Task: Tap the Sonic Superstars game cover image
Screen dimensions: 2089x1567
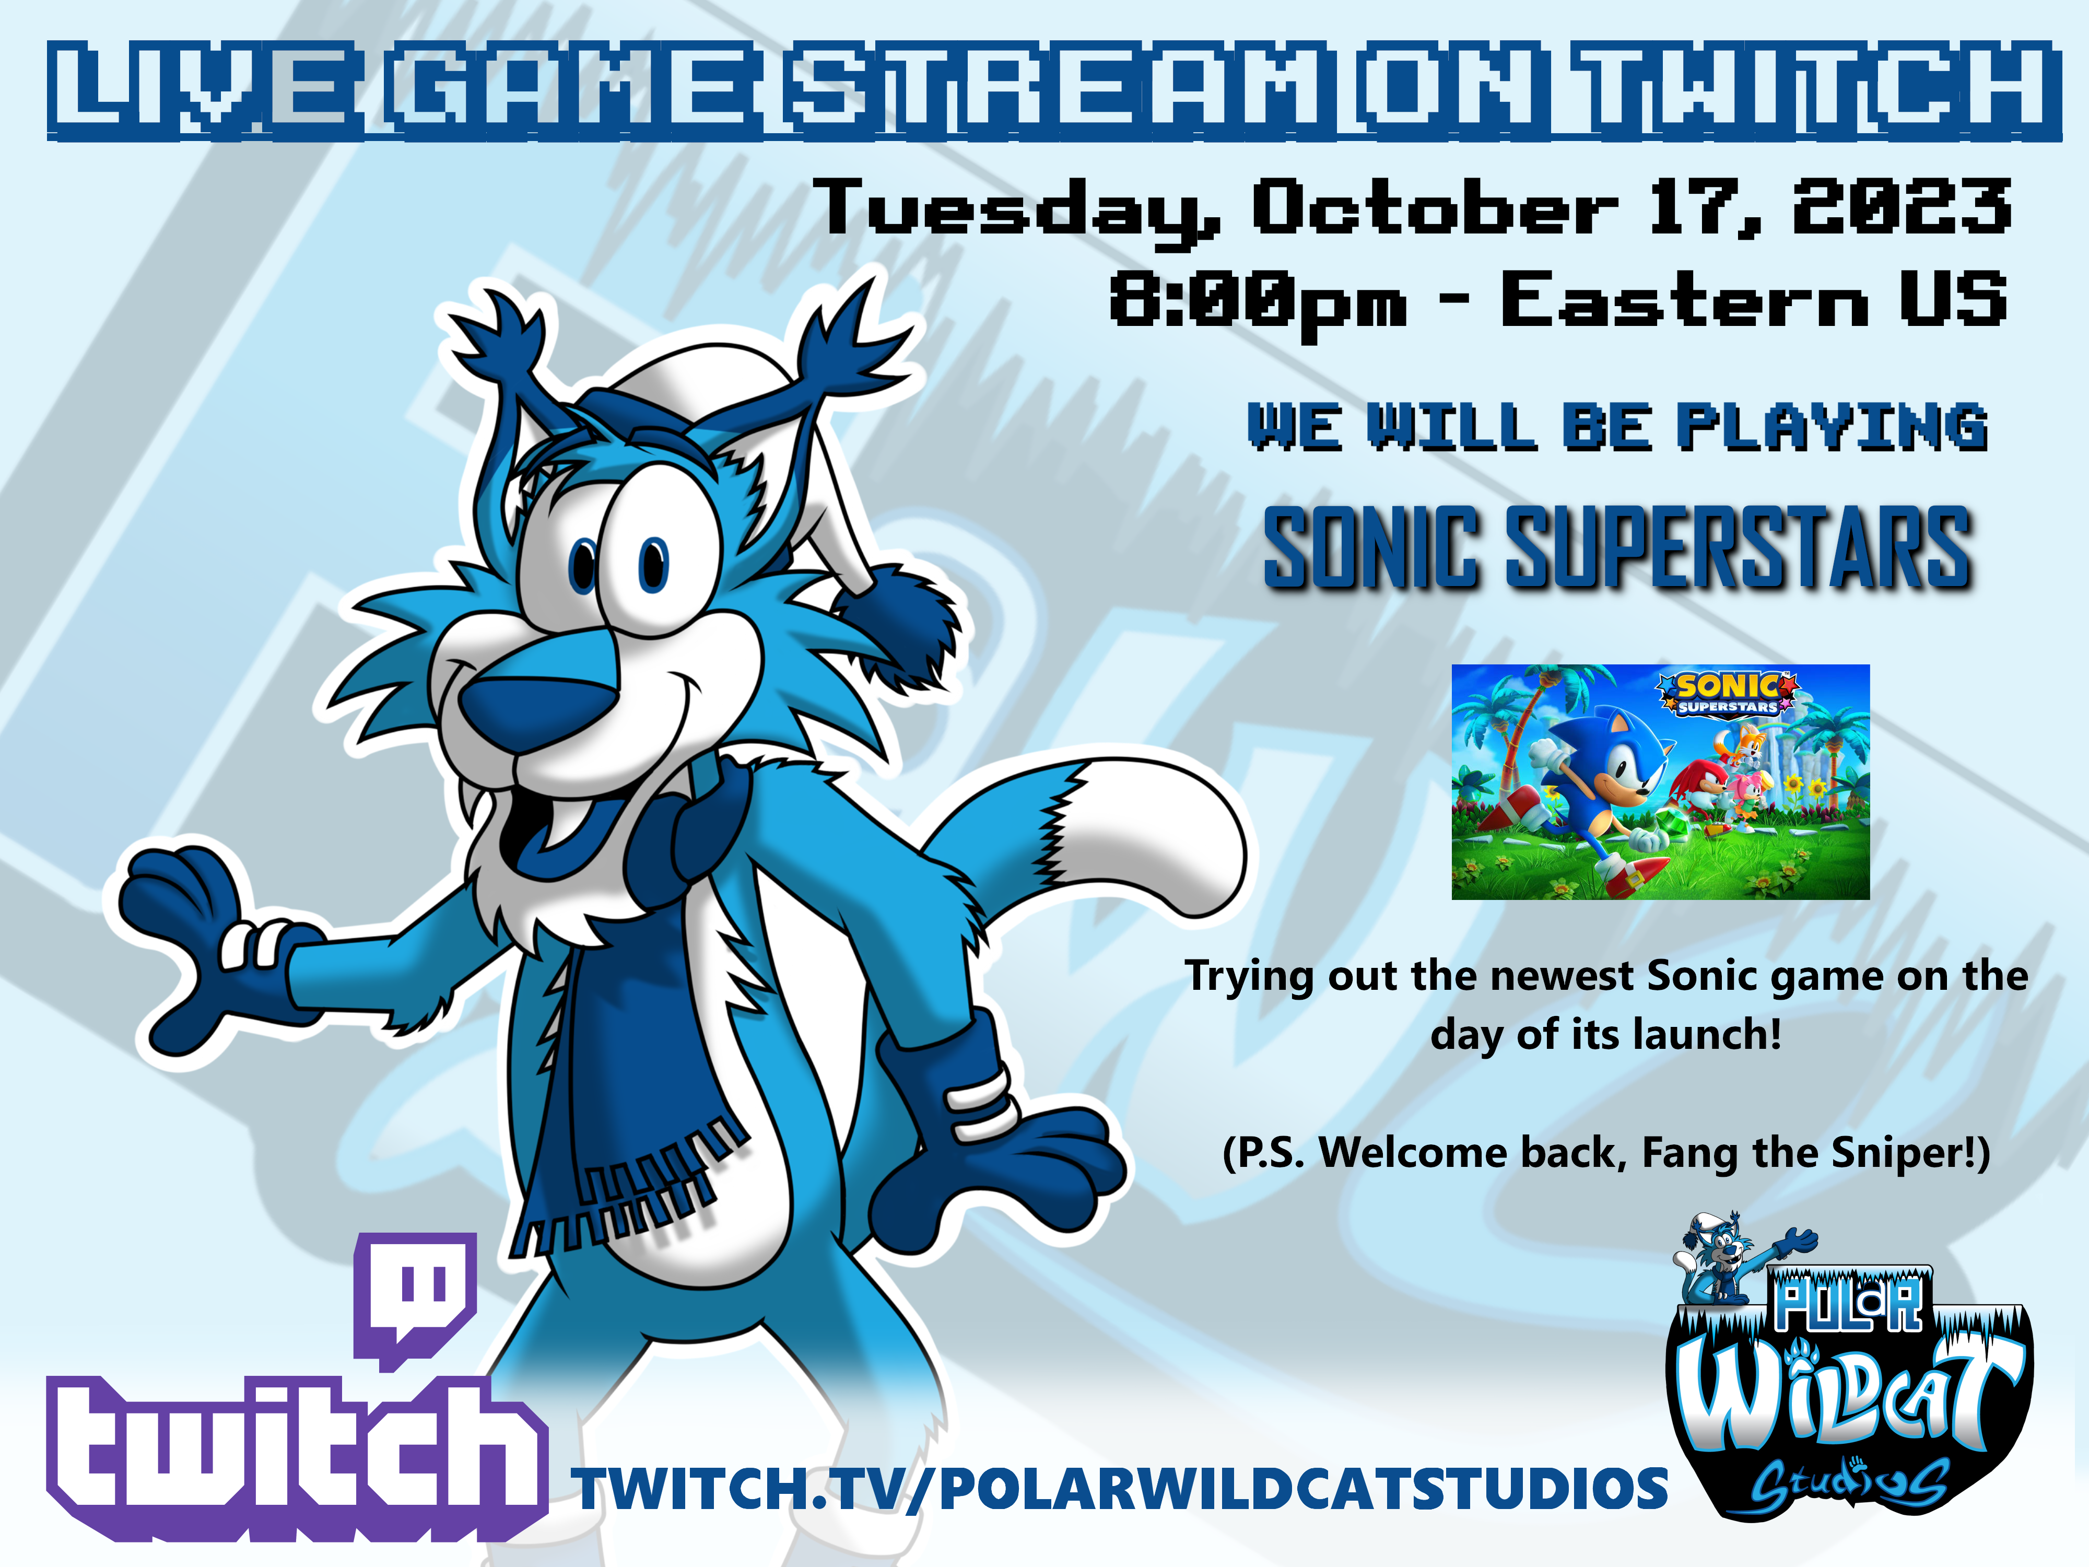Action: point(1660,782)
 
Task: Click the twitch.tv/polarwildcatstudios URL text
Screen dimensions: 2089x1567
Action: point(1122,1490)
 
